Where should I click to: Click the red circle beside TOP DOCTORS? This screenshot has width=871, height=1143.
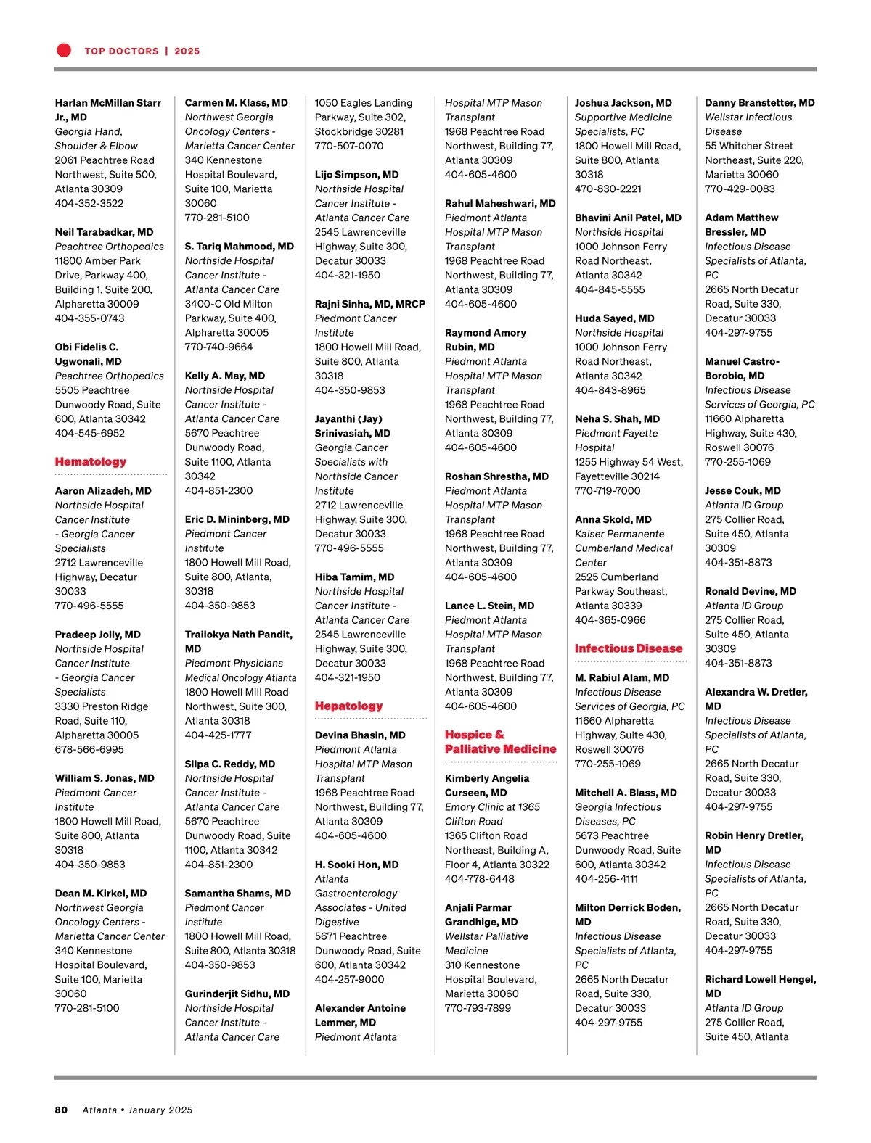click(x=64, y=50)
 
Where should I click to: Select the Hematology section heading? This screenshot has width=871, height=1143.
click(x=91, y=462)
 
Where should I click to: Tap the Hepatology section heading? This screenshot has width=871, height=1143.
click(x=348, y=706)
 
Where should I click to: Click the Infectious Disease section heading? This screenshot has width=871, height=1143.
click(x=629, y=648)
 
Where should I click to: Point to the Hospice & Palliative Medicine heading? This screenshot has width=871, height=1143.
click(x=500, y=742)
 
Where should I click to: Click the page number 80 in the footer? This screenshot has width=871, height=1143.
click(x=61, y=1110)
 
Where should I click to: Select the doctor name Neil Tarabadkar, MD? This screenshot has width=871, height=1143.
click(x=104, y=232)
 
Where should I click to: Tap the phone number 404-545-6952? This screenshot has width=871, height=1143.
click(x=89, y=433)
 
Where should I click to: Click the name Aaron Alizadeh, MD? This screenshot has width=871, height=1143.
click(x=103, y=491)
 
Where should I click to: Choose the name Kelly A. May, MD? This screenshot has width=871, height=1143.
click(x=224, y=376)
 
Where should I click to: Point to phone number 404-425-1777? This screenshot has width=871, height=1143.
click(x=218, y=735)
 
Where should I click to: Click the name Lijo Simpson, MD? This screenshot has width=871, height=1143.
click(x=356, y=175)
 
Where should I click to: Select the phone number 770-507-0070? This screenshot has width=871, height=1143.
click(x=348, y=146)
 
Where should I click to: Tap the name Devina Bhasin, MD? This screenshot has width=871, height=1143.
click(x=360, y=735)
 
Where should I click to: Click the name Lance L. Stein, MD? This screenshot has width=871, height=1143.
click(x=489, y=606)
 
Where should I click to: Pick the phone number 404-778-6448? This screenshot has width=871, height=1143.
click(x=479, y=878)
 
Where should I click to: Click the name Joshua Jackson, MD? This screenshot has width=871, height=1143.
click(x=623, y=103)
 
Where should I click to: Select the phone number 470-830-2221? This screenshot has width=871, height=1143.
click(x=608, y=189)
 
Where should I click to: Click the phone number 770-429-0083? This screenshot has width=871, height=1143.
click(x=740, y=189)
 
